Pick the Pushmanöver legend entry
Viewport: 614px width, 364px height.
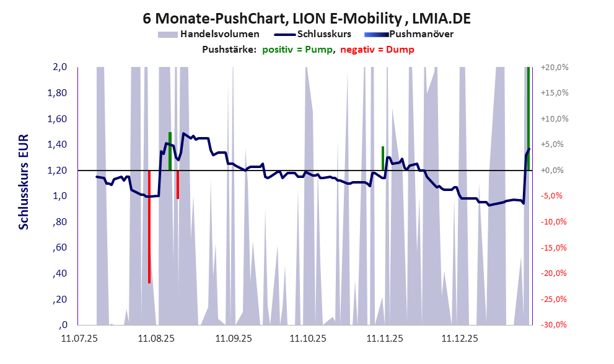tap(417, 34)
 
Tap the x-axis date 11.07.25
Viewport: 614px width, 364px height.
tap(79, 339)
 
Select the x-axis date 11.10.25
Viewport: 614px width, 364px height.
tap(309, 339)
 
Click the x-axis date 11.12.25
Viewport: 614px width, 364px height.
tap(460, 339)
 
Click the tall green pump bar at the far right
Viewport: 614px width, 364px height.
tap(528, 118)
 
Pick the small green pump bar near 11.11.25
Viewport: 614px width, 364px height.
tap(383, 158)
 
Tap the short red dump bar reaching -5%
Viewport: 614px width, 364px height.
tap(177, 185)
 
